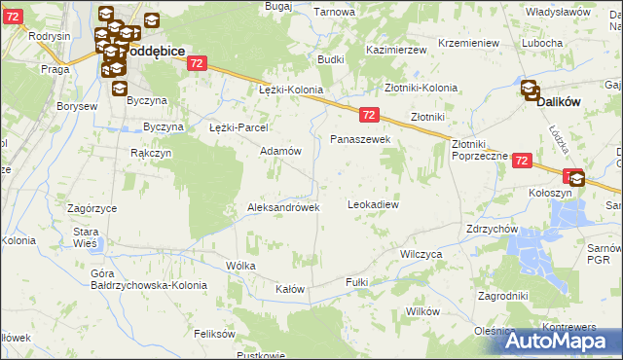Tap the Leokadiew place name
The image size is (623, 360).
click(374, 205)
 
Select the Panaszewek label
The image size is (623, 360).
click(360, 140)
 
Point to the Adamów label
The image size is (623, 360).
click(280, 151)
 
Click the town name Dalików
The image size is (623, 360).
click(561, 99)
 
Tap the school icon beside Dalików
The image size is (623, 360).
click(531, 90)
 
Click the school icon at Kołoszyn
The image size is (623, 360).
click(576, 178)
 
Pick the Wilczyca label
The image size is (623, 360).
click(421, 253)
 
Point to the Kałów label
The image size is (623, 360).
click(290, 290)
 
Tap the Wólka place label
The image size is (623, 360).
click(240, 265)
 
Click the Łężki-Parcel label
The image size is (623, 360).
click(238, 127)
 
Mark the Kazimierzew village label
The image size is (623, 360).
click(396, 49)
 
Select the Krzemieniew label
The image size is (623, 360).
click(468, 44)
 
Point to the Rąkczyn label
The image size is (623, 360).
click(151, 153)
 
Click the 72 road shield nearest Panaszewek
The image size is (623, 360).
click(368, 114)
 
